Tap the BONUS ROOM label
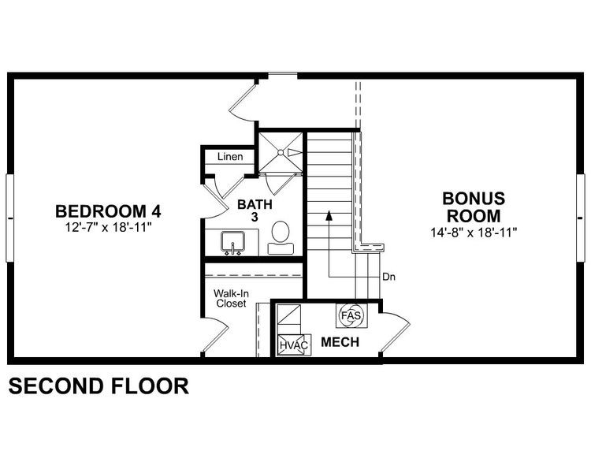click(x=473, y=207)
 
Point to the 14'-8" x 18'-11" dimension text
click(x=473, y=232)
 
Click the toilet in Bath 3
click(x=280, y=237)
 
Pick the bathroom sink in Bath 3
click(x=234, y=242)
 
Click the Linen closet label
click(x=230, y=157)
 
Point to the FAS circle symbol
click(x=349, y=316)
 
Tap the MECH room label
click(x=340, y=343)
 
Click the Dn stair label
click(x=388, y=277)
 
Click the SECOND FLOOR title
click(x=98, y=386)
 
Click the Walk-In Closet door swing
click(x=214, y=337)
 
